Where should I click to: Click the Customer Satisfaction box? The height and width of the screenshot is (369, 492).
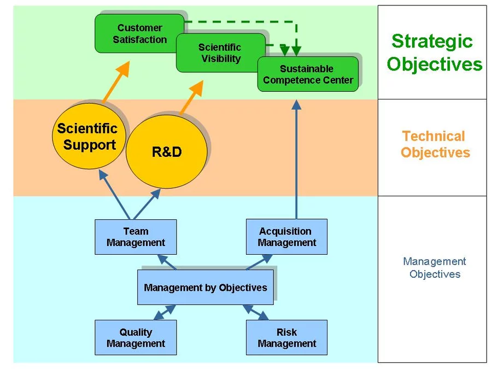tap(139, 33)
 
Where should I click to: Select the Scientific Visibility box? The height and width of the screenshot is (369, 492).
tap(220, 52)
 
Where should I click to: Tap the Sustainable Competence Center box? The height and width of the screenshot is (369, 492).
tap(308, 74)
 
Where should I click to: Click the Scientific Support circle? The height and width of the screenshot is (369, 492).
tap(89, 137)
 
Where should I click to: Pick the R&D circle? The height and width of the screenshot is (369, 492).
tap(167, 152)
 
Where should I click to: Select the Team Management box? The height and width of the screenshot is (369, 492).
tap(136, 237)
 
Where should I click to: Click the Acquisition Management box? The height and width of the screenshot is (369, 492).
tap(286, 237)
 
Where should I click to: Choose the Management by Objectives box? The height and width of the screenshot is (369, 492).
tap(205, 288)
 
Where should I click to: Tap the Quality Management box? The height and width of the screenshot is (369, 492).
tap(136, 338)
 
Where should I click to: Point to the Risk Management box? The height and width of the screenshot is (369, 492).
tap(286, 338)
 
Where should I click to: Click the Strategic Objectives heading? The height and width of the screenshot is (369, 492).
tap(434, 52)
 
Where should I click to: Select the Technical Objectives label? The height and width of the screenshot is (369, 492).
tap(435, 144)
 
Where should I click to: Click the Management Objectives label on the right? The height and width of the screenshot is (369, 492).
tap(435, 268)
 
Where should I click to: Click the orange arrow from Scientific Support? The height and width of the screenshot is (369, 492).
tap(116, 83)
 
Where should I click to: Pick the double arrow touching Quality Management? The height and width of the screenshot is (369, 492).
tap(165, 312)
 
